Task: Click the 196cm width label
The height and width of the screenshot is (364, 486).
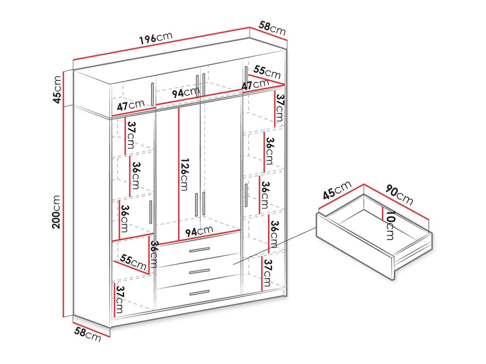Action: (156, 38)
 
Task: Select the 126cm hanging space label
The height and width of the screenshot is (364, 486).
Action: (185, 174)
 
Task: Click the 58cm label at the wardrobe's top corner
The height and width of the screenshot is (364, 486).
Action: (272, 28)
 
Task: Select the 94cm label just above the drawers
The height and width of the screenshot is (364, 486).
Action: (199, 231)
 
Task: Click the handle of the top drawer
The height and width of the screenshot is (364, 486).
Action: (199, 250)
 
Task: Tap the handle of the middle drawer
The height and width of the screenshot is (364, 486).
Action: (199, 271)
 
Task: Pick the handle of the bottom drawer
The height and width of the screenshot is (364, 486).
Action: (199, 293)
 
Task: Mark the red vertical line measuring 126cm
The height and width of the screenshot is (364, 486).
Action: (179, 174)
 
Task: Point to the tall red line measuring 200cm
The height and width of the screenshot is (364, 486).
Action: (63, 193)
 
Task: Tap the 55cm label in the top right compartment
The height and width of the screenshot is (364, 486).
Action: (267, 71)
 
